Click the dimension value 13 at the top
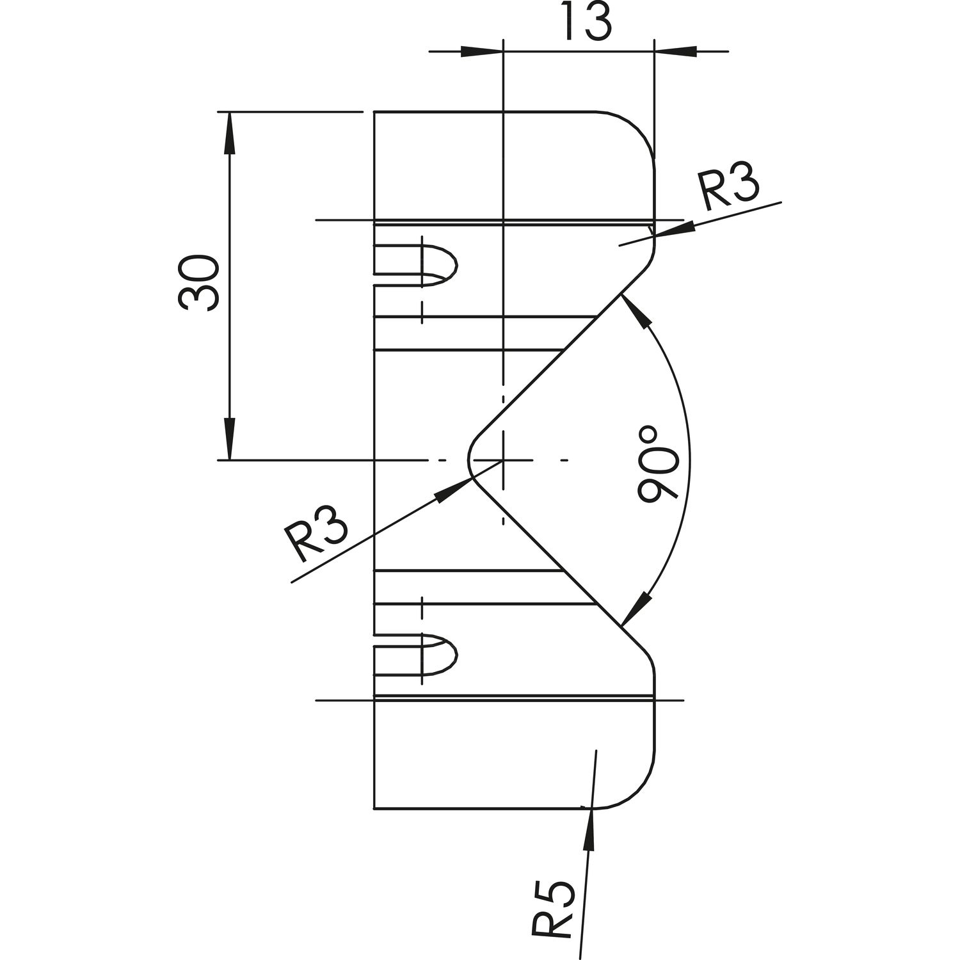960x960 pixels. pyautogui.click(x=587, y=22)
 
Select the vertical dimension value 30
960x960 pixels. pyautogui.click(x=200, y=284)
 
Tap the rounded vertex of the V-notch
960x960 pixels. pyautogui.click(x=472, y=460)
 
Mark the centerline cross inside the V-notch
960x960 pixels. pyautogui.click(x=504, y=460)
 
